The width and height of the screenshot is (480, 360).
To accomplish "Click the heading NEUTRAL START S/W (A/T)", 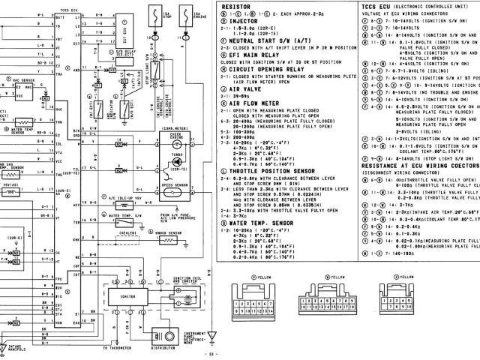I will pos(263,37).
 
